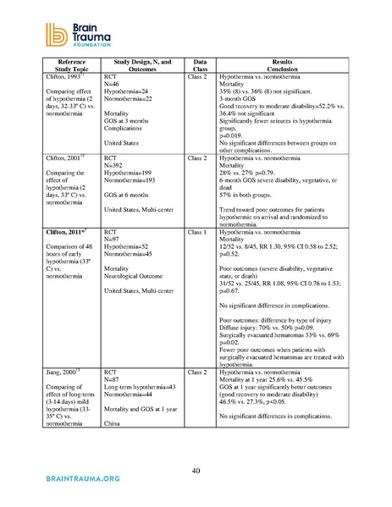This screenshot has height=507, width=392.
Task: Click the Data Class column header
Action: (200, 66)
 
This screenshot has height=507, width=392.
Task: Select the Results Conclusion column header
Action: (281, 66)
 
